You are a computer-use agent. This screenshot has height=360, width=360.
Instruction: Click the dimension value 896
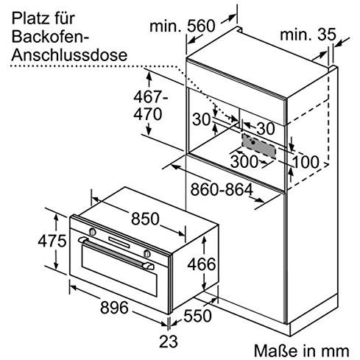114,307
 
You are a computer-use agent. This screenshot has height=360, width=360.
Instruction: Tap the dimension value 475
52,241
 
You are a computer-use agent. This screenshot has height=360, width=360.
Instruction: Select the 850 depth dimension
145,219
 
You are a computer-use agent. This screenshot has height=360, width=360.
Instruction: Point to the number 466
202,264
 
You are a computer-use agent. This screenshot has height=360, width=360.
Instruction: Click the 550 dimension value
197,316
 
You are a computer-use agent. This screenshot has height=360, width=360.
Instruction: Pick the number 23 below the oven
169,342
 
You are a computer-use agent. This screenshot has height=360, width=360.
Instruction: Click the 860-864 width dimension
222,190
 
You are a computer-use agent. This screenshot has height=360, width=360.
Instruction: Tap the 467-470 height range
149,105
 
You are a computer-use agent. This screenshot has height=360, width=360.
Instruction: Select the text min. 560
183,26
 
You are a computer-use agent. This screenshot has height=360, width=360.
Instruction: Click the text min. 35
308,35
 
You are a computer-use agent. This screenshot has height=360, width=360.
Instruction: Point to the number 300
244,161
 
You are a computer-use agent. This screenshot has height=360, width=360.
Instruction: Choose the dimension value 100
306,162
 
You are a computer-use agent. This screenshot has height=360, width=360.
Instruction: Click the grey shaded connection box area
259,146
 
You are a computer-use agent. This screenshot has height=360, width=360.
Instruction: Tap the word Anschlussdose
69,54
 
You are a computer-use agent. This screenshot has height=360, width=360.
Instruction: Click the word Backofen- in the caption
50,36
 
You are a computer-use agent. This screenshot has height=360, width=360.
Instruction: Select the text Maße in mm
301,350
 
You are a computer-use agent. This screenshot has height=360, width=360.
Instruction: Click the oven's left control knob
92,231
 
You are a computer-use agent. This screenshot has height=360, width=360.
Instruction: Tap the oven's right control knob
147,253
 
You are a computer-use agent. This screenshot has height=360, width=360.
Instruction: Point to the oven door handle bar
116,253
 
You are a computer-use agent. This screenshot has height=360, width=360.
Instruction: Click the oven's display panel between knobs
119,242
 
